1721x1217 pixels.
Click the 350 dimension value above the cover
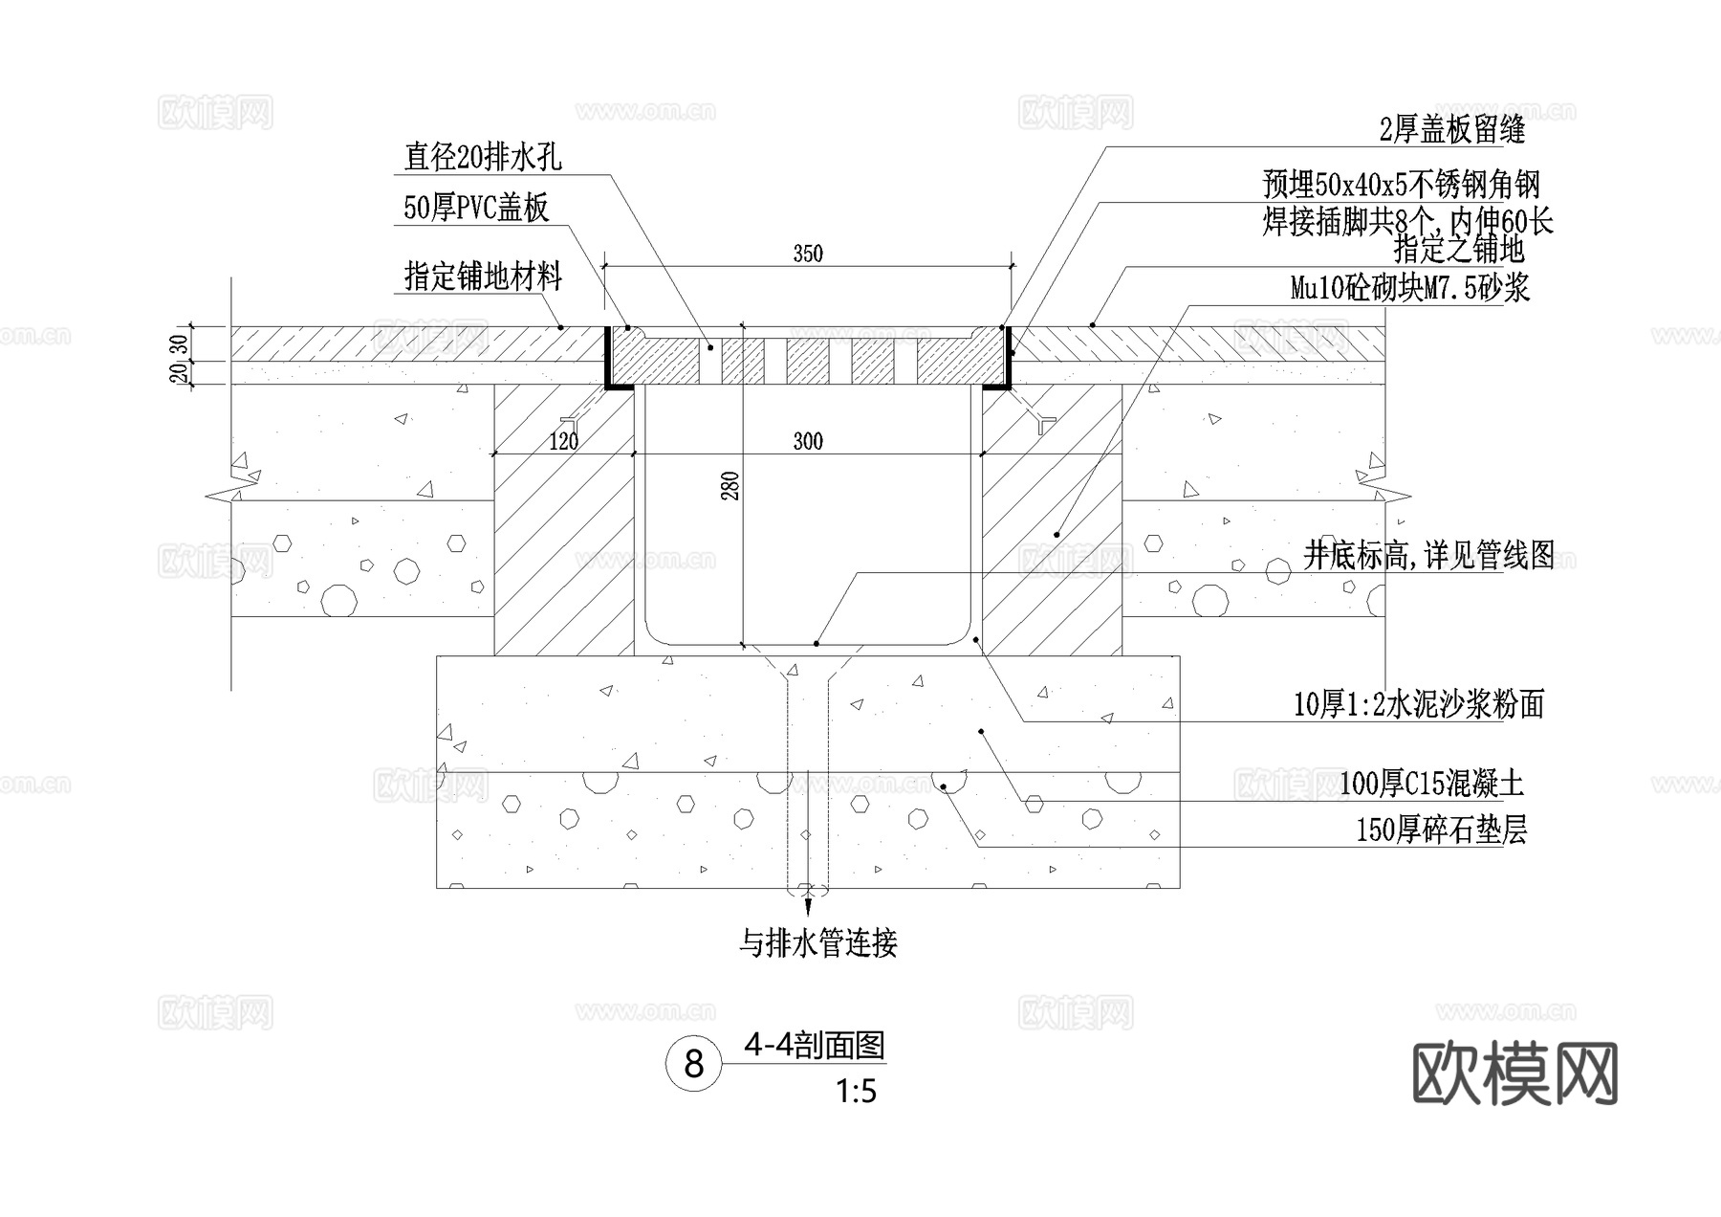[x=808, y=254]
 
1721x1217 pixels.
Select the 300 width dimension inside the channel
[x=808, y=441]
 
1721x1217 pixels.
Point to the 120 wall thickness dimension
[x=564, y=441]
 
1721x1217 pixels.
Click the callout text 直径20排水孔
[x=483, y=157]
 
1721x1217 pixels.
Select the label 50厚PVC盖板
[x=476, y=208]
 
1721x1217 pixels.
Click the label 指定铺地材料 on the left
[x=483, y=277]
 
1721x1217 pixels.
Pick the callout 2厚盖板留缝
[x=1452, y=130]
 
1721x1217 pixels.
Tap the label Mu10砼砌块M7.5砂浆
[x=1410, y=287]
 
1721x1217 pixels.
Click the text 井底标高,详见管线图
[x=1429, y=555]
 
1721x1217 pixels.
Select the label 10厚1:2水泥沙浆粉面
[x=1419, y=705]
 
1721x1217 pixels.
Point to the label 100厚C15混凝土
[x=1431, y=785]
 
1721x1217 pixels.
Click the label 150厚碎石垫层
[x=1441, y=830]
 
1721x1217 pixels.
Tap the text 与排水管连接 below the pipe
[x=818, y=943]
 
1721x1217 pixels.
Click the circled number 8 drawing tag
[x=694, y=1064]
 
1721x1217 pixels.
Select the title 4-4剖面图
[x=815, y=1046]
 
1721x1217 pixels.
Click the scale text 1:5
[x=856, y=1091]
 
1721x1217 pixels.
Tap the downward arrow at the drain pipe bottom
[x=808, y=901]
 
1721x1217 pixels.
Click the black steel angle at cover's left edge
[x=608, y=360]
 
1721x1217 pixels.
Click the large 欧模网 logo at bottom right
[x=1514, y=1073]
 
